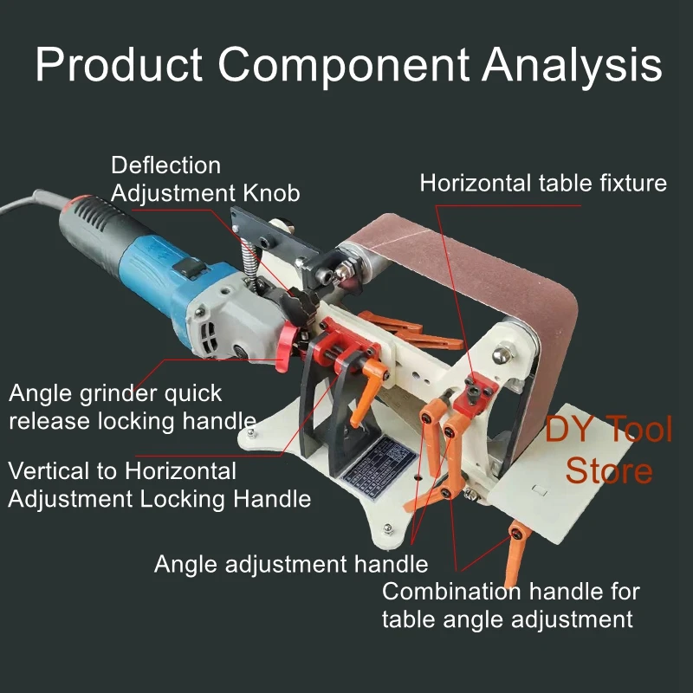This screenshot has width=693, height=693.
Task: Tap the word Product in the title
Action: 118,65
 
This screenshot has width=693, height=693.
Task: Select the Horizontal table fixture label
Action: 543,183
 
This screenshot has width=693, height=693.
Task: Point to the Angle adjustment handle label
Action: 291,565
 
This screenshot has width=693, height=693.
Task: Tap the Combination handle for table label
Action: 511,606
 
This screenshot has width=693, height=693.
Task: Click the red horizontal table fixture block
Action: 475,389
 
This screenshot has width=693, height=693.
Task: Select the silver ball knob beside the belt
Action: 501,353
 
